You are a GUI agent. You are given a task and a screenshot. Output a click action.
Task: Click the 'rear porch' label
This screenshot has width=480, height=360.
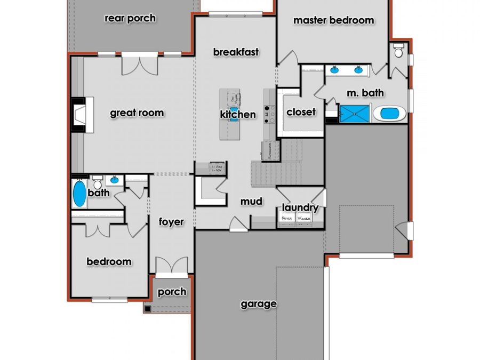click(x=130, y=18)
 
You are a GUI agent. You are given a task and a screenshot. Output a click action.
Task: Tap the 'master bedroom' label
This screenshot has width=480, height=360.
click(x=334, y=20)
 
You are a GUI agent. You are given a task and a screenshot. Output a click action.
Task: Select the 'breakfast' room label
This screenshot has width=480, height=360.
click(x=236, y=52)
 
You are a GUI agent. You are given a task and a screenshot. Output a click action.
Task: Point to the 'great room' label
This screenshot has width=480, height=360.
click(x=137, y=113)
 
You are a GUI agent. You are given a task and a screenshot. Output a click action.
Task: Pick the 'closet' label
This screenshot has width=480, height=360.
click(x=301, y=112)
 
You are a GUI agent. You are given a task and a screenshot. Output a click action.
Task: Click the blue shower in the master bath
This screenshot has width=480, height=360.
click(x=354, y=114)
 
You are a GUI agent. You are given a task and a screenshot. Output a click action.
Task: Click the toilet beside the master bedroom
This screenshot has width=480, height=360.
click(x=398, y=51)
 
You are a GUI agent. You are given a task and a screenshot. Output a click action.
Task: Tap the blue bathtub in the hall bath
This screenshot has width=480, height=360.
click(x=79, y=194)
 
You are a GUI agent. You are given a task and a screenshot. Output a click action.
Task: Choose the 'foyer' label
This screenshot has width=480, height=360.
click(x=171, y=222)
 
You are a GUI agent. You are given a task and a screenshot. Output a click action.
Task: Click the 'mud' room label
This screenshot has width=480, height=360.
click(x=251, y=202)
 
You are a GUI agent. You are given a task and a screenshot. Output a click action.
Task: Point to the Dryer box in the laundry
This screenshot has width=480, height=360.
click(x=287, y=219)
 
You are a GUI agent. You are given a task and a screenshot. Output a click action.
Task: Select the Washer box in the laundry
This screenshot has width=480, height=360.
click(x=305, y=219)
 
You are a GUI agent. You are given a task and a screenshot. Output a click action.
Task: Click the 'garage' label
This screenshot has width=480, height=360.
click(x=259, y=304)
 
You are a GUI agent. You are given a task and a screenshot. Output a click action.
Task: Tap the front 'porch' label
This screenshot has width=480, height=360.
click(x=172, y=291)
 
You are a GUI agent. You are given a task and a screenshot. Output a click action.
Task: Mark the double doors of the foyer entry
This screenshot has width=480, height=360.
click(x=171, y=266)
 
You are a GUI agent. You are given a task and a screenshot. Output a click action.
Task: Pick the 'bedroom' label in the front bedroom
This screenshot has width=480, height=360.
click(x=109, y=261)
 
